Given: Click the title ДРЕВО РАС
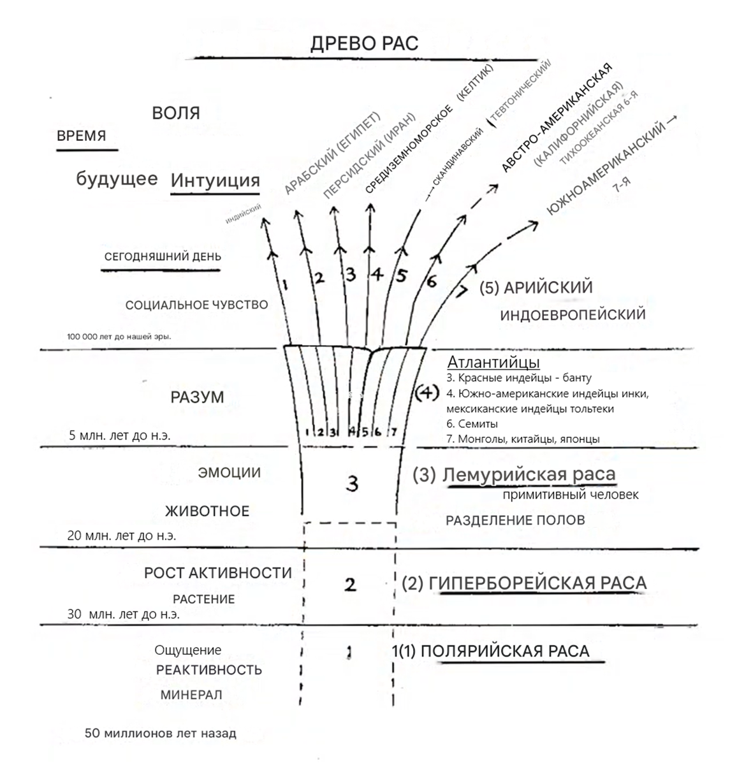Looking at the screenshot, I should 364,43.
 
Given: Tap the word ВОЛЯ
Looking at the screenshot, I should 176,113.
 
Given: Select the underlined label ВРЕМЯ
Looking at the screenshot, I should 82,136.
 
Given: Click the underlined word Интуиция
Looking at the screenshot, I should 215,180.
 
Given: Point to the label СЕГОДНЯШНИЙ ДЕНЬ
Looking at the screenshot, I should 163,257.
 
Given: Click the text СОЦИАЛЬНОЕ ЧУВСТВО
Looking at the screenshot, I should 196,305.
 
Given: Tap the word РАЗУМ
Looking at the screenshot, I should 197,397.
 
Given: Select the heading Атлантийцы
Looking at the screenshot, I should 493,363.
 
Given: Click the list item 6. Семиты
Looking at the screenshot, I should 472,423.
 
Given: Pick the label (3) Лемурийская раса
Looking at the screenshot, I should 514,474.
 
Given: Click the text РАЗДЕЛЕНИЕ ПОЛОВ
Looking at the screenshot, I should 515,520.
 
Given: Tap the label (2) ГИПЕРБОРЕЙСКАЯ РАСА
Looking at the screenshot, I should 524,583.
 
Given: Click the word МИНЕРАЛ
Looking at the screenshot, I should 191,694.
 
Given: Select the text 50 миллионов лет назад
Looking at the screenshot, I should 160,733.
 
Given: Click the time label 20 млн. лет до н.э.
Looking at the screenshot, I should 121,535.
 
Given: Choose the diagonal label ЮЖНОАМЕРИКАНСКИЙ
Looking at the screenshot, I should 606,166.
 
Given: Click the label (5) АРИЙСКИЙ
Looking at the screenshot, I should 536,288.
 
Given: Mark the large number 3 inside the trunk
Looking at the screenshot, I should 352,484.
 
